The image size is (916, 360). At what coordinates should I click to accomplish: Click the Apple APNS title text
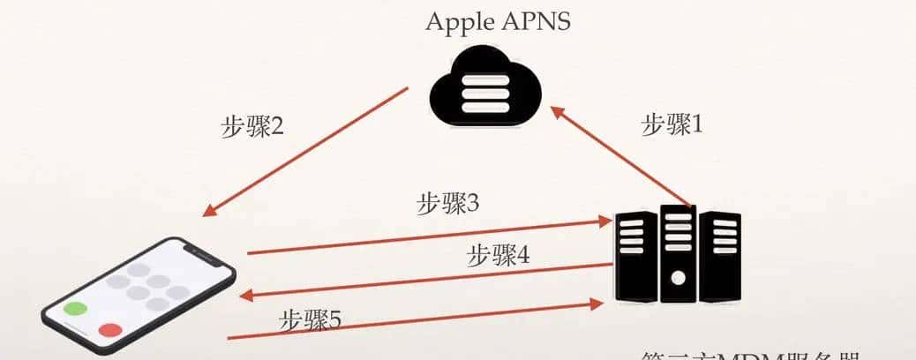pyautogui.click(x=499, y=21)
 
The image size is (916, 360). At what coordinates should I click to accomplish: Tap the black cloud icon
pyautogui.click(x=484, y=88)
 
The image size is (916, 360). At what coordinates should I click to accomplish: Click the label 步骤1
pyautogui.click(x=672, y=124)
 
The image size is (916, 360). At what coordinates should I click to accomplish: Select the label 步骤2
pyautogui.click(x=252, y=126)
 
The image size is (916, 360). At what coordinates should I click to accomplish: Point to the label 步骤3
pyautogui.click(x=448, y=204)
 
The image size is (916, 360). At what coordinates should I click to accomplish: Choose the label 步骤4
pyautogui.click(x=499, y=255)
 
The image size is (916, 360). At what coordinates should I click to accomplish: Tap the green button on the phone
pyautogui.click(x=76, y=310)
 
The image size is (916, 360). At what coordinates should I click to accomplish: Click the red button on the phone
pyautogui.click(x=110, y=330)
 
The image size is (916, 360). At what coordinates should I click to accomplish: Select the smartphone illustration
pyautogui.click(x=141, y=296)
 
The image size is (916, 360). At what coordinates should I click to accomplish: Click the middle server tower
pyautogui.click(x=678, y=254)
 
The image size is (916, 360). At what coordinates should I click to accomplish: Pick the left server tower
pyautogui.click(x=634, y=256)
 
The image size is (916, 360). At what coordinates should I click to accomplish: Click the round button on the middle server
pyautogui.click(x=678, y=277)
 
